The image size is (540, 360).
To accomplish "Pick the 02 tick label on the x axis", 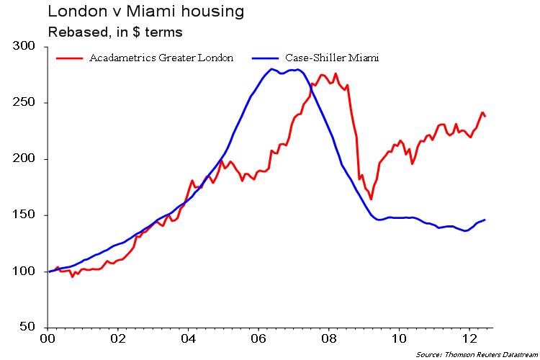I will (x=118, y=338).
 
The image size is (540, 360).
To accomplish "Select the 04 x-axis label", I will (x=188, y=338).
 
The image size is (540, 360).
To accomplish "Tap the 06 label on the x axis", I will (x=258, y=338).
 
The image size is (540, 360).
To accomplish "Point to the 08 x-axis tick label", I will (x=328, y=338).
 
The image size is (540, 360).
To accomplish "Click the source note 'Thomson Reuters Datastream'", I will (x=477, y=354).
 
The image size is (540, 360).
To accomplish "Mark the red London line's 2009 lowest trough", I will (x=371, y=199).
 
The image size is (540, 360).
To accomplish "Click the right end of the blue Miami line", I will (x=485, y=220).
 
